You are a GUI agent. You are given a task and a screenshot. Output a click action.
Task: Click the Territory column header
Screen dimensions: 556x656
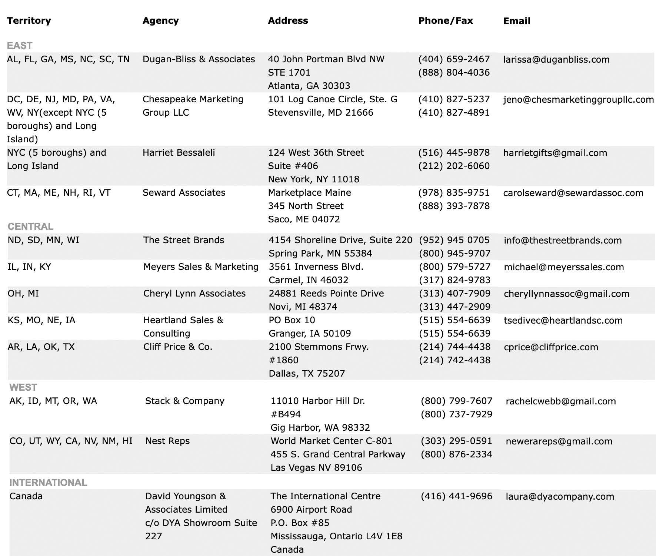click(x=29, y=20)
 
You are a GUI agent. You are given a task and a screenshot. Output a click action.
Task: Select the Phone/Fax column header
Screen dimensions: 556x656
click(x=445, y=20)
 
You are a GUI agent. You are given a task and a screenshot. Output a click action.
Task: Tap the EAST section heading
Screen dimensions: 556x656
click(x=20, y=45)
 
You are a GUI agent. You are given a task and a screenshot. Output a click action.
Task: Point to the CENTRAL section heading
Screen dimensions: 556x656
click(x=30, y=226)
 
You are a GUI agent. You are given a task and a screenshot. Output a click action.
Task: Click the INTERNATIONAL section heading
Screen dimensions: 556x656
click(x=48, y=482)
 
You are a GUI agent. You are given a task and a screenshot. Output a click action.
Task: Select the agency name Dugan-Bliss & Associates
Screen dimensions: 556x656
click(x=199, y=59)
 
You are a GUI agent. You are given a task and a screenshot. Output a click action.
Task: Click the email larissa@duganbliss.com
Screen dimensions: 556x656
click(x=556, y=59)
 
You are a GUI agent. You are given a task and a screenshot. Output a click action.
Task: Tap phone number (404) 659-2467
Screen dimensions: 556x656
click(x=454, y=59)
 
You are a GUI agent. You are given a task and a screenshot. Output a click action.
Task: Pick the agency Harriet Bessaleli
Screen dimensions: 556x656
click(x=179, y=153)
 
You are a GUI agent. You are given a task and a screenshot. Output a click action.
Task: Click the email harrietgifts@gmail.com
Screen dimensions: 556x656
click(x=555, y=153)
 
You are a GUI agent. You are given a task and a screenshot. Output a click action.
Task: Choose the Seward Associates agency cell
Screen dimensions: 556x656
click(x=184, y=193)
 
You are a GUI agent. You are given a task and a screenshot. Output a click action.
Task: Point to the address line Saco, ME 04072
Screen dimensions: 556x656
click(x=304, y=219)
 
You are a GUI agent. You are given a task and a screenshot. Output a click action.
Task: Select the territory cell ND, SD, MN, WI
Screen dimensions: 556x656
click(x=43, y=240)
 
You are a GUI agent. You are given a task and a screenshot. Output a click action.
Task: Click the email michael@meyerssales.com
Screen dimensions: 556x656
click(x=564, y=267)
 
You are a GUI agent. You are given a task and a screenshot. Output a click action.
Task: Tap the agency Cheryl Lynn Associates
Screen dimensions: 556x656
click(x=194, y=294)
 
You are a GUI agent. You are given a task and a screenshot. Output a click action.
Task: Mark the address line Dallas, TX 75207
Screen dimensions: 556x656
click(x=307, y=373)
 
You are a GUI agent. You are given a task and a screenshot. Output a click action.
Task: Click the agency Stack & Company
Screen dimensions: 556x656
click(x=184, y=401)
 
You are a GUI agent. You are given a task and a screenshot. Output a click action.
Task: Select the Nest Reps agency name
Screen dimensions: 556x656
click(x=167, y=441)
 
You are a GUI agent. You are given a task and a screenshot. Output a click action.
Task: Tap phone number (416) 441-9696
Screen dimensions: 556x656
click(x=456, y=496)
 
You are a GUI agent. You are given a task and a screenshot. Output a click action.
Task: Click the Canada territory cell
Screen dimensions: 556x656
click(x=26, y=496)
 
